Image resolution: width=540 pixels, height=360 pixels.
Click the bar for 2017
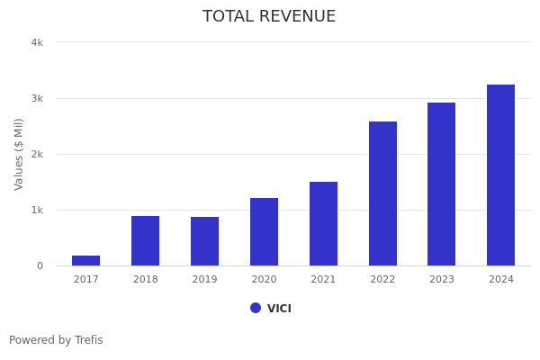point(86,260)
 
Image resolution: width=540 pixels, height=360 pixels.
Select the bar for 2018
point(146,240)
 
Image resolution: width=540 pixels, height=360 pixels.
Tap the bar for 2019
point(204,241)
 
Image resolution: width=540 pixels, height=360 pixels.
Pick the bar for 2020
point(264,231)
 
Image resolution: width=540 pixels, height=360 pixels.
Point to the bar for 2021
point(323,223)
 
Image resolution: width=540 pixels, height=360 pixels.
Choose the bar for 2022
point(382,193)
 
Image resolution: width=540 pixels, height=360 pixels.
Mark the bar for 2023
point(441,184)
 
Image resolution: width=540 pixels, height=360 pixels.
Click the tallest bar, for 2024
point(500,175)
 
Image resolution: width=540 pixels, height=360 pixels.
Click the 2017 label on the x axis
point(86,280)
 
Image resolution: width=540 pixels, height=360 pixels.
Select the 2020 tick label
point(264,280)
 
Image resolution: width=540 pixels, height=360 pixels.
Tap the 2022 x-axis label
point(382,280)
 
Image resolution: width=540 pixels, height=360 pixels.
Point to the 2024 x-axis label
point(500,280)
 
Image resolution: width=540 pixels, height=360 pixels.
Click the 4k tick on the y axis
point(37,42)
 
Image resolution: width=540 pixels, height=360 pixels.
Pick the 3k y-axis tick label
point(37,98)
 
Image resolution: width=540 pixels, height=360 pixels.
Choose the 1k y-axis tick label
point(37,210)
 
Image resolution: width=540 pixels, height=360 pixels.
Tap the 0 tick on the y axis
point(40,265)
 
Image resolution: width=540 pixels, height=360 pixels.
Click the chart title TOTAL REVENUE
point(269,17)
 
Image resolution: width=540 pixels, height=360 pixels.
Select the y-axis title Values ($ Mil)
point(19,154)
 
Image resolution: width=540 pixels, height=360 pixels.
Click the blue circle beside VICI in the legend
point(256,308)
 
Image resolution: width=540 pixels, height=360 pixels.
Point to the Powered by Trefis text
point(56,340)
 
